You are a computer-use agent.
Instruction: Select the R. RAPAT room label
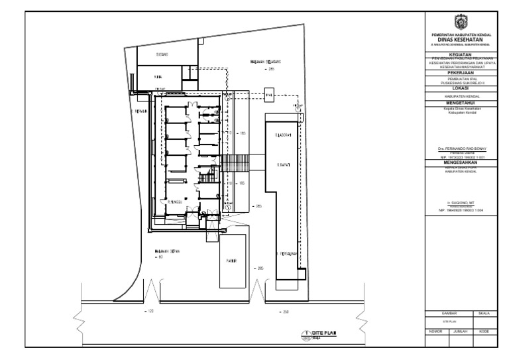click(286, 163)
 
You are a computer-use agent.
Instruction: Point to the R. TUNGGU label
click(175, 202)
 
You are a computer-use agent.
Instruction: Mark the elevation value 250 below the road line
click(285, 310)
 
